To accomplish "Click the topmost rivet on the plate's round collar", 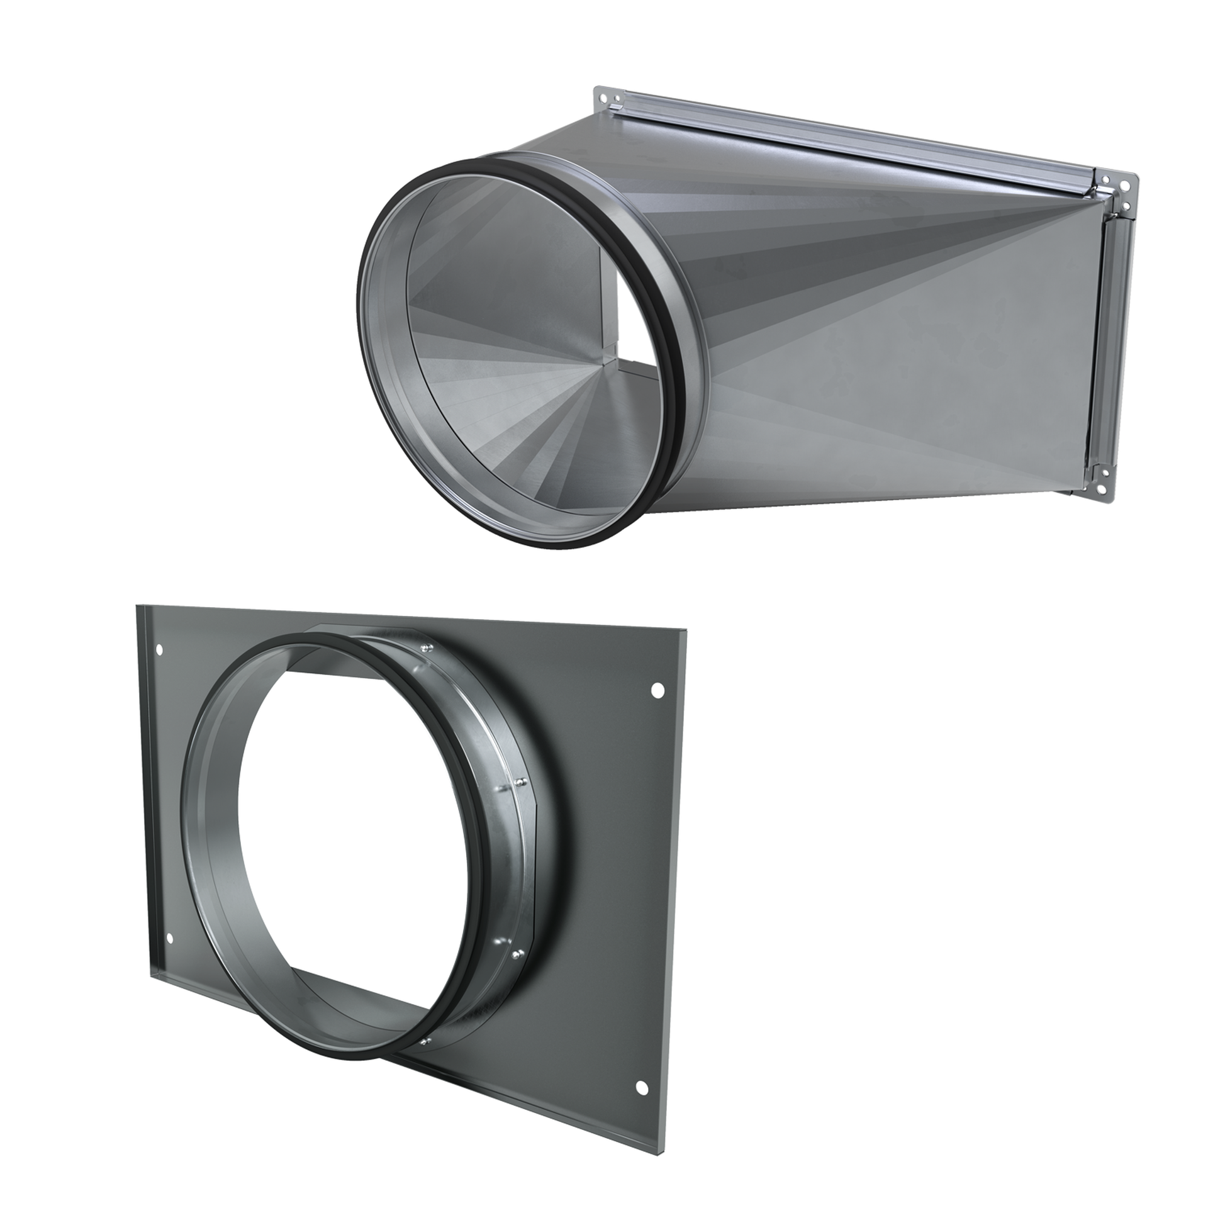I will pos(425,649).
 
